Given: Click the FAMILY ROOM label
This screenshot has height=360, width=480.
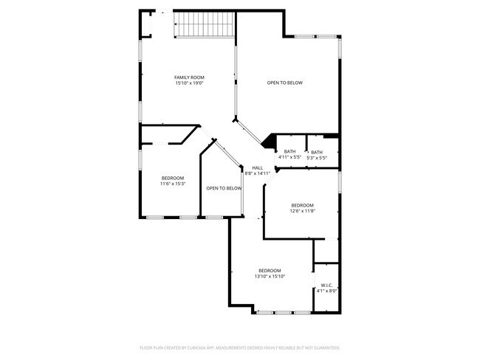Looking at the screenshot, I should click(x=189, y=77).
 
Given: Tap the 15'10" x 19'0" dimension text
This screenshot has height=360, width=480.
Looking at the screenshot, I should click(x=189, y=83).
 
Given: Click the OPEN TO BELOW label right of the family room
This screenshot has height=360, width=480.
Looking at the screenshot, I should click(x=284, y=83).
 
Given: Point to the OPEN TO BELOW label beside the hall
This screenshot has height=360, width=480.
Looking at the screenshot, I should click(x=224, y=189).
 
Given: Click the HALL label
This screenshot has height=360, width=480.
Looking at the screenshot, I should click(x=257, y=167).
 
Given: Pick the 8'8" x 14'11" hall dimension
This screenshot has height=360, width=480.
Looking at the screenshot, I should click(x=257, y=173).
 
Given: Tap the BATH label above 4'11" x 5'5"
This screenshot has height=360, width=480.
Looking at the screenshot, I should click(x=289, y=152).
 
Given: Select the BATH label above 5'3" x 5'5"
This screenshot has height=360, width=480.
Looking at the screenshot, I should click(x=316, y=152).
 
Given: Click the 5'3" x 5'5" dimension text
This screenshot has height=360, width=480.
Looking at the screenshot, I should click(x=316, y=158).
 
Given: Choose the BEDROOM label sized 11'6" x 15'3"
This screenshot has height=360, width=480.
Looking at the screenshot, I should click(x=173, y=178).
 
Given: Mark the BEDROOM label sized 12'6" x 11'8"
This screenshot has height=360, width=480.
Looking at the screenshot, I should click(x=302, y=205).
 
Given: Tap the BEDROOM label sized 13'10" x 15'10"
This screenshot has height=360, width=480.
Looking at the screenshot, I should click(x=270, y=270).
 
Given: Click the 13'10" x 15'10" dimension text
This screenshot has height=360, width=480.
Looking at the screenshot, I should click(x=270, y=276).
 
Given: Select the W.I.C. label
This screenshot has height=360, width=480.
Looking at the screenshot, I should click(x=326, y=285).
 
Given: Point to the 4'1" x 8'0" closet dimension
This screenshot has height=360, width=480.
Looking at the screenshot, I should click(x=326, y=291).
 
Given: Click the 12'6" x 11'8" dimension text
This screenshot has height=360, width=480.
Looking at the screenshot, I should click(x=302, y=211).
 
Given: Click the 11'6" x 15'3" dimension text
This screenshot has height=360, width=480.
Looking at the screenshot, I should click(x=173, y=184).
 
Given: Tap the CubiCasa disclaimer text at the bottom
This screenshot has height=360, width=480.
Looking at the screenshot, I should click(x=239, y=347).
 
